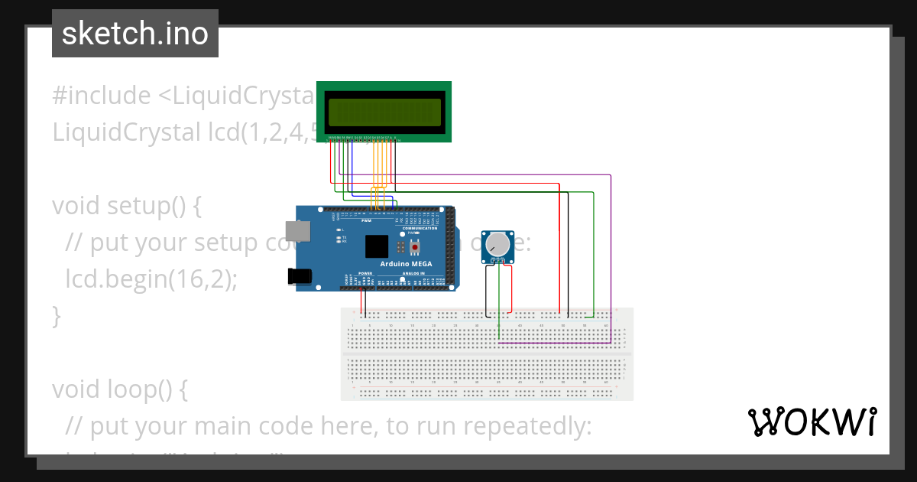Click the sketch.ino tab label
pyautogui.click(x=134, y=34)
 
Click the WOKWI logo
pyautogui.click(x=812, y=422)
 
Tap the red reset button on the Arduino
pyautogui.click(x=415, y=247)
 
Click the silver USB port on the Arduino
pyautogui.click(x=297, y=231)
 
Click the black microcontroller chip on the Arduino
pyautogui.click(x=377, y=246)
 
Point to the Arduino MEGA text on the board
pyautogui.click(x=406, y=264)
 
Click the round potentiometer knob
pyautogui.click(x=498, y=244)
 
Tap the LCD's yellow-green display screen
pyautogui.click(x=385, y=112)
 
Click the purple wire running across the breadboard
pyautogui.click(x=554, y=344)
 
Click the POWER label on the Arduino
pyautogui.click(x=365, y=273)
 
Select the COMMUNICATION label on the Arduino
pyautogui.click(x=420, y=228)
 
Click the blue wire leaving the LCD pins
pyautogui.click(x=350, y=168)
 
